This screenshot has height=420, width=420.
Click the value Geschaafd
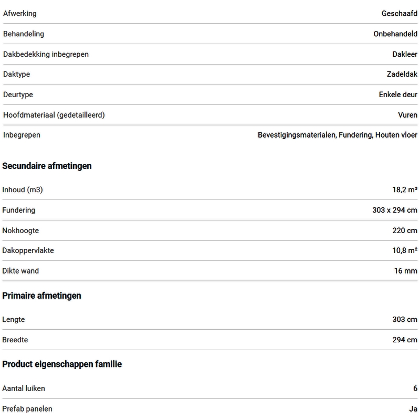pyautogui.click(x=399, y=14)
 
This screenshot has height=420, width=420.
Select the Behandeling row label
pyautogui.click(x=24, y=34)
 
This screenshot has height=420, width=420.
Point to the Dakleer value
pyautogui.click(x=405, y=54)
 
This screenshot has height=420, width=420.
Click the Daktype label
pyautogui.click(x=17, y=75)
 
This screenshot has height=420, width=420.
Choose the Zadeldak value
pyautogui.click(x=402, y=75)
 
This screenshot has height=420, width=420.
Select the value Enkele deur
pyautogui.click(x=398, y=94)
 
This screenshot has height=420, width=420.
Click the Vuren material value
pyautogui.click(x=407, y=115)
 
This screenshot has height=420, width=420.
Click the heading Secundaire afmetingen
pyautogui.click(x=47, y=166)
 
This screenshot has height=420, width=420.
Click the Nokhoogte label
pyautogui.click(x=20, y=230)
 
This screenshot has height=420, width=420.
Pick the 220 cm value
pyautogui.click(x=405, y=230)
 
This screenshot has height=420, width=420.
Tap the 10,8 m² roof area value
pyautogui.click(x=405, y=250)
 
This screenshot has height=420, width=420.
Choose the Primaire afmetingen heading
pyautogui.click(x=42, y=296)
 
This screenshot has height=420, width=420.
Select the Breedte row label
pyautogui.click(x=15, y=340)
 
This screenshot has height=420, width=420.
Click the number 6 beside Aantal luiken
pyautogui.click(x=415, y=388)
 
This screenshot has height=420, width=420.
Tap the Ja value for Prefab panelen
pyautogui.click(x=413, y=409)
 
